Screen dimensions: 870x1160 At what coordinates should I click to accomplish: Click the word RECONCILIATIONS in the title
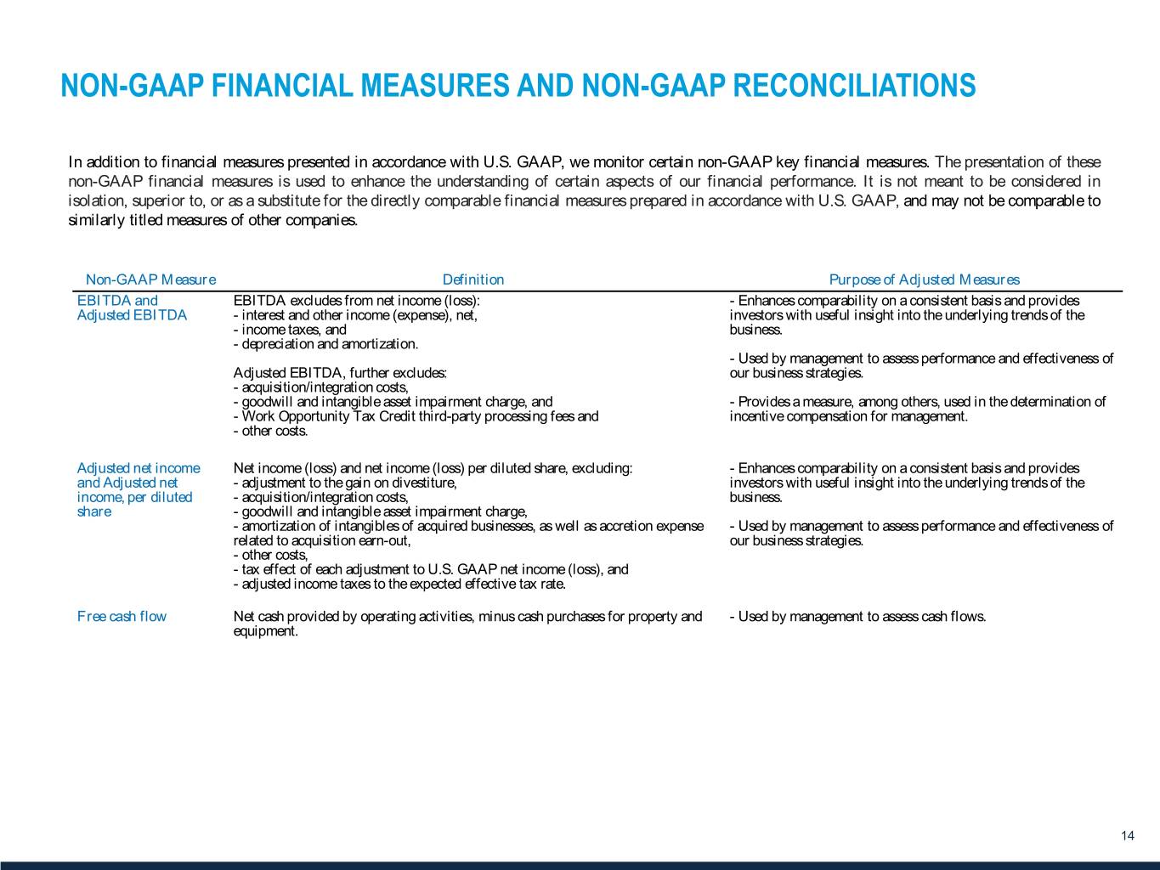point(854,86)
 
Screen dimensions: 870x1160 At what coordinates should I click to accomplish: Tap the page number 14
point(1128,836)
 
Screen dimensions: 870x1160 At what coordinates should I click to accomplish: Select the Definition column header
point(473,280)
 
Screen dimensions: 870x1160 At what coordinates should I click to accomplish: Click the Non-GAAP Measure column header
point(150,280)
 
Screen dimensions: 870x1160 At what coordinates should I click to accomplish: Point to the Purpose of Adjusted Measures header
point(924,280)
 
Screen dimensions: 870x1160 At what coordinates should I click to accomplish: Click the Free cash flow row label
point(122,617)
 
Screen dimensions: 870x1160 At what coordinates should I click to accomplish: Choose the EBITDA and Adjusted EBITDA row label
point(132,308)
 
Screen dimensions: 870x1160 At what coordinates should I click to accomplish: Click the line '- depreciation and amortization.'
point(325,344)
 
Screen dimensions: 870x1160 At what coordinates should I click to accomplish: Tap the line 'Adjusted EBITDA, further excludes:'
point(340,373)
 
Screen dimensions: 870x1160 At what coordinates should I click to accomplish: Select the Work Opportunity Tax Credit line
point(416,416)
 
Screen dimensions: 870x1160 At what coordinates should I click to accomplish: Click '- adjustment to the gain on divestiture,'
point(345,483)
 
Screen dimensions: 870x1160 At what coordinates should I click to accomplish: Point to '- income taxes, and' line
point(290,330)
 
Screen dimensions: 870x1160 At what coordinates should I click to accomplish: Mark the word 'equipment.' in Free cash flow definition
point(265,631)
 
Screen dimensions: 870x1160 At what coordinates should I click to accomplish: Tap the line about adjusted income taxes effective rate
point(399,585)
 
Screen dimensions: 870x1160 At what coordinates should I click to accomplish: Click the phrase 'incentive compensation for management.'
point(848,416)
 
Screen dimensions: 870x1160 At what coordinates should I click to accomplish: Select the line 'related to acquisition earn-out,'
point(322,541)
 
